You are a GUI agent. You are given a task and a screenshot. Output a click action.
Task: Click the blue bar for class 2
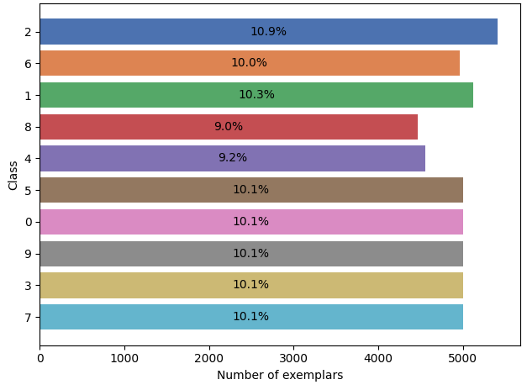pos(268,32)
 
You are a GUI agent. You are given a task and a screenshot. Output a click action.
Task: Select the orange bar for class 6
pos(250,63)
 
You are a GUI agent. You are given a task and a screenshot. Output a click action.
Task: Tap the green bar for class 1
pos(256,95)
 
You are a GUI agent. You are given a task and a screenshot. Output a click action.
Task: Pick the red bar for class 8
pos(229,127)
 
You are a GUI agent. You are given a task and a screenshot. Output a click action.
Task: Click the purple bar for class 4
pos(233,158)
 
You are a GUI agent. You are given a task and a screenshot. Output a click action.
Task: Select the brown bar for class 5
pos(251,190)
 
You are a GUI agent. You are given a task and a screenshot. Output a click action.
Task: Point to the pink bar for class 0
pos(251,222)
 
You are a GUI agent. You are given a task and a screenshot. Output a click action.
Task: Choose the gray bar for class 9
pos(251,254)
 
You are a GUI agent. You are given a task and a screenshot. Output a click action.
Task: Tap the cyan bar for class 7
pos(251,317)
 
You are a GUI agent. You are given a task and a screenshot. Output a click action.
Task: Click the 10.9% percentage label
pos(268,31)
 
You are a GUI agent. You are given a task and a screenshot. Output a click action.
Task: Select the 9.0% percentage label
pos(229,126)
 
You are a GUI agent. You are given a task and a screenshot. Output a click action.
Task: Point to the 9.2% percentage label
pos(233,157)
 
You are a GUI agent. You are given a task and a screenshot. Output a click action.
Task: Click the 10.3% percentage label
pos(256,94)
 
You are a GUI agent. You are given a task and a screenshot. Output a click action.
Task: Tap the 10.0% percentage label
pos(249,62)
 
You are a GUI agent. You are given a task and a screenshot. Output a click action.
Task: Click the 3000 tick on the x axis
pos(293,358)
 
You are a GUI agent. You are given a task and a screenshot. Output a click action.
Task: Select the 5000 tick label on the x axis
pos(463,358)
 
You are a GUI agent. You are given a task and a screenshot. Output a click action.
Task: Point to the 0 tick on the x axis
pos(40,358)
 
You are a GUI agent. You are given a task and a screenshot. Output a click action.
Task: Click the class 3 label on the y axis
pos(29,286)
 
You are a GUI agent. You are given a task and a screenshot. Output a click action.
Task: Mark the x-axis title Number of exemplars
pos(280,375)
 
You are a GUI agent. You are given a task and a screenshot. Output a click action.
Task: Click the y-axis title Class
pos(13,176)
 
